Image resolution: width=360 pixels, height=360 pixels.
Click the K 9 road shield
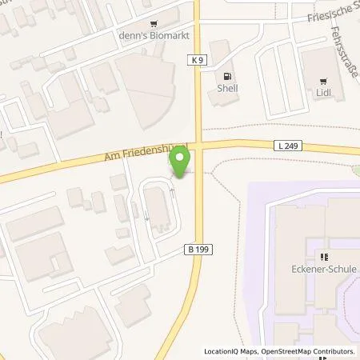click(x=198, y=59)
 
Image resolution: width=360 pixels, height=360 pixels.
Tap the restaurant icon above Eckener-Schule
click(x=324, y=258)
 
